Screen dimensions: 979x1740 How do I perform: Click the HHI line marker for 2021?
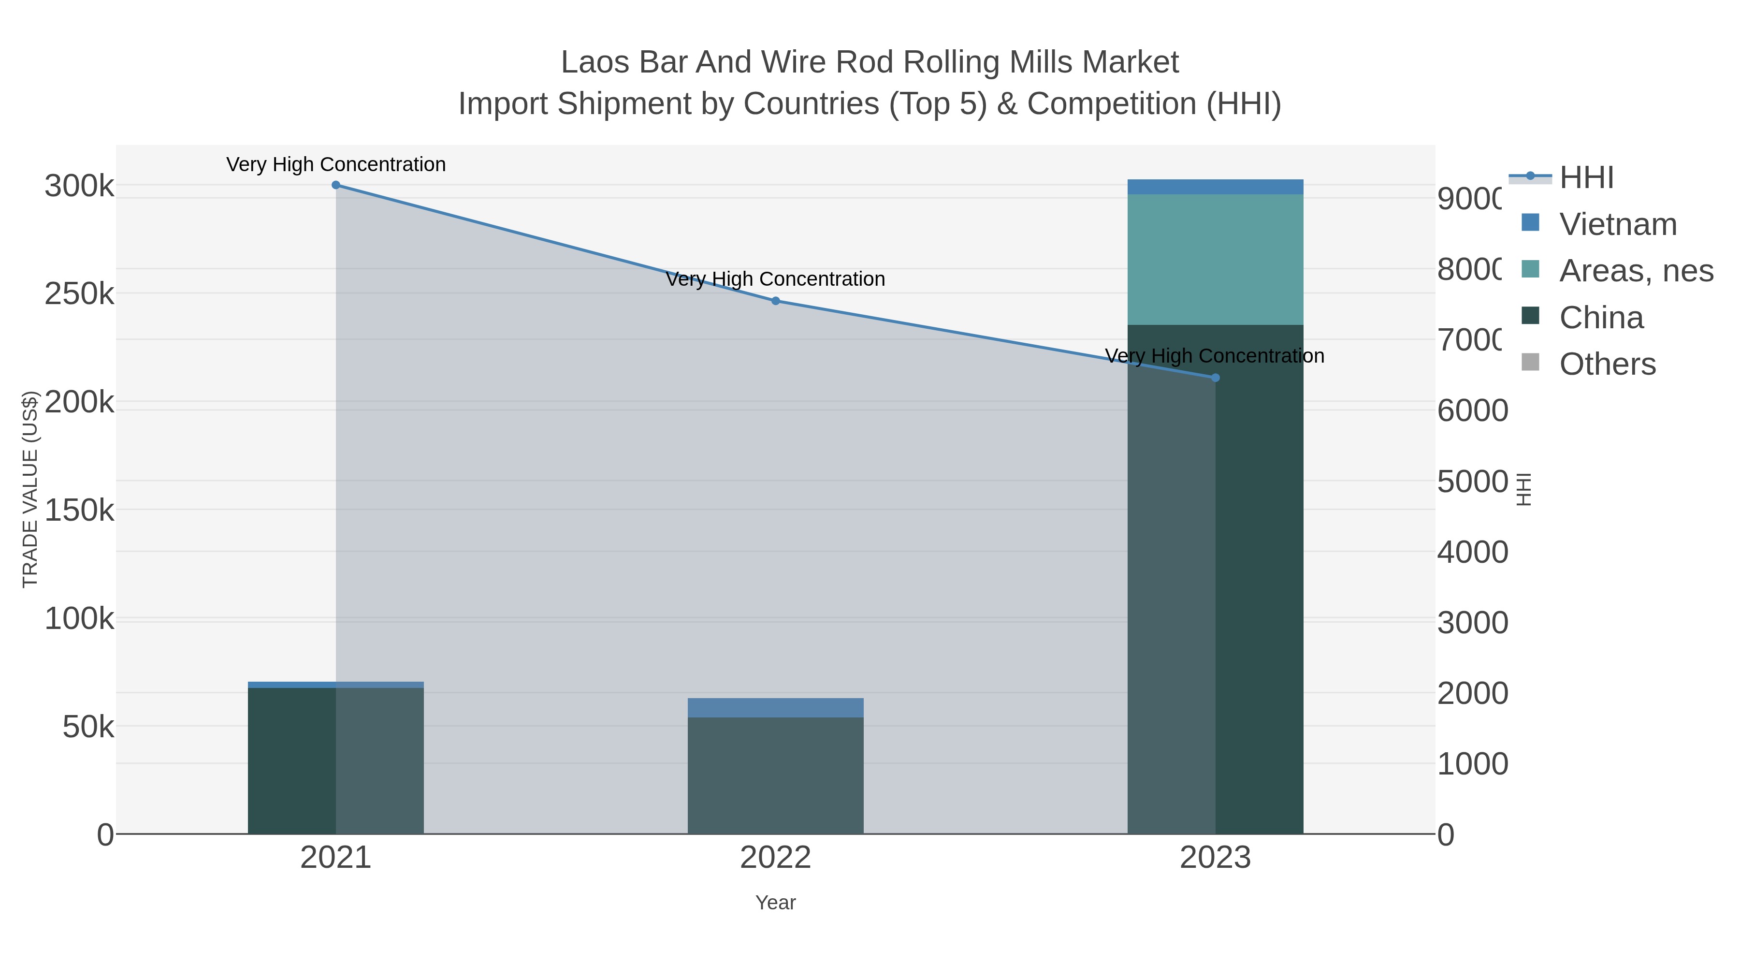click(x=336, y=185)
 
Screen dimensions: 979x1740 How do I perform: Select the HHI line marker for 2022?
click(x=775, y=301)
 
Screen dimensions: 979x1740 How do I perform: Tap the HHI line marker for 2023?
click(x=1215, y=378)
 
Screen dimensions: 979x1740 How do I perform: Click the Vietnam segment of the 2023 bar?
click(x=1215, y=187)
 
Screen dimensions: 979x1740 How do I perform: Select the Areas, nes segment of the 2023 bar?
click(x=1215, y=260)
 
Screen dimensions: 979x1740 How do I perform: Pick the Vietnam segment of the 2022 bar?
click(x=775, y=707)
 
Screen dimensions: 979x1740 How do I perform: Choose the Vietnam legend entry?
click(x=1618, y=224)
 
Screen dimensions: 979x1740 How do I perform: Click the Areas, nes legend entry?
click(x=1635, y=271)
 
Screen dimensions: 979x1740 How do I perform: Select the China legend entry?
click(x=1601, y=318)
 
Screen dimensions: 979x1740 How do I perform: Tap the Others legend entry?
click(x=1607, y=364)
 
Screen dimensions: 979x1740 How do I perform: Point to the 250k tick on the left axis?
click(x=79, y=294)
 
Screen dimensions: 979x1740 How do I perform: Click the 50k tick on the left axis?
click(x=88, y=728)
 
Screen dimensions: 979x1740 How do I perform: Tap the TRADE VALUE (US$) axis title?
click(x=30, y=489)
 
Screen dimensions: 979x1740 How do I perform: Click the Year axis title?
click(x=775, y=903)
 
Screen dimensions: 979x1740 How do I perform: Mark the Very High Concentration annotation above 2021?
click(x=336, y=164)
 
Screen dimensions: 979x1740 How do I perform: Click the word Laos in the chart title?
click(x=595, y=62)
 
